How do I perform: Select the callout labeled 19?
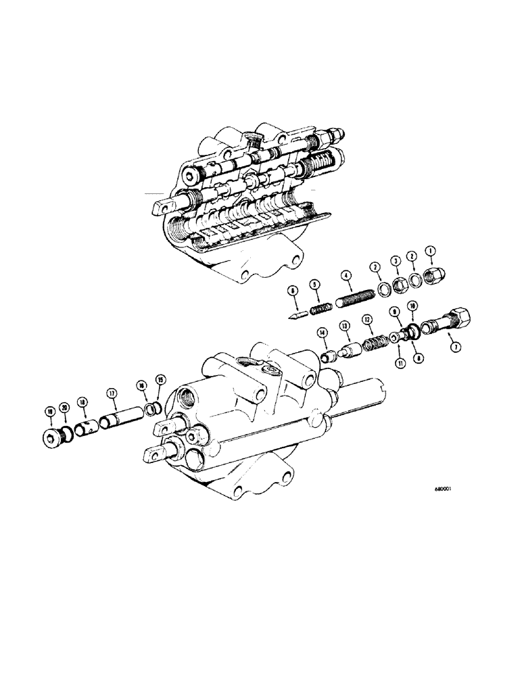pos(51,412)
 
